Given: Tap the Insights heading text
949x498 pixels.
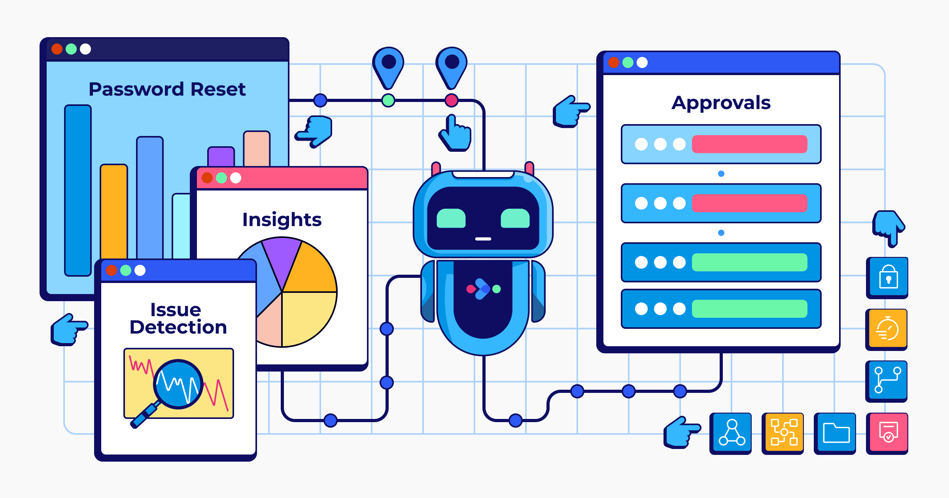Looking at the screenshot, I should click(282, 220).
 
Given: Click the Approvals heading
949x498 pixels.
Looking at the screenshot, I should click(721, 103).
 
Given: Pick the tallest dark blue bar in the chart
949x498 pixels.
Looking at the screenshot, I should click(78, 190).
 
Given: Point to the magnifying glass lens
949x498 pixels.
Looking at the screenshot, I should click(178, 383).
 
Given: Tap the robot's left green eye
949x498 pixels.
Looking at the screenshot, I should click(451, 218).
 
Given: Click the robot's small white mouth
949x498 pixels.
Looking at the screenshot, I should click(483, 239).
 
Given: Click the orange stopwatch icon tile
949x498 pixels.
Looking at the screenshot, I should click(887, 329).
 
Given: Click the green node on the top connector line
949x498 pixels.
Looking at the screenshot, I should click(388, 100).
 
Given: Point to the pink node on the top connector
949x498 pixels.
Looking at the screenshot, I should click(452, 100).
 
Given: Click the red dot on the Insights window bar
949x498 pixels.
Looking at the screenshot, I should click(207, 178).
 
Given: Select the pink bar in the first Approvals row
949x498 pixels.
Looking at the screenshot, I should click(749, 144).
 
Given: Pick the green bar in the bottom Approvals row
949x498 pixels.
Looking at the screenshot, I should click(749, 309).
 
